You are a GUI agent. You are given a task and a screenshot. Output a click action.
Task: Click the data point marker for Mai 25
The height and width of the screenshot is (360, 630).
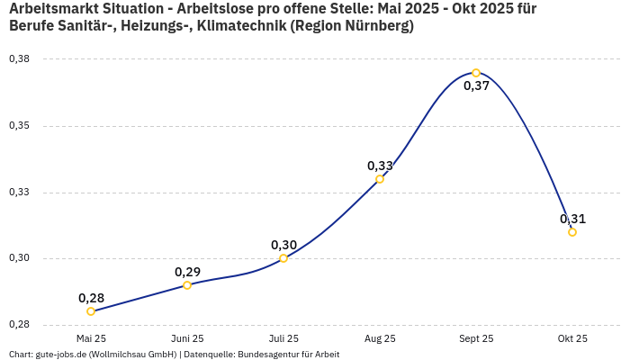pyautogui.click(x=91, y=311)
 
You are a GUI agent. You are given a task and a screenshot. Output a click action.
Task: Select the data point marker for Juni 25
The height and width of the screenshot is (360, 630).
pyautogui.click(x=187, y=285)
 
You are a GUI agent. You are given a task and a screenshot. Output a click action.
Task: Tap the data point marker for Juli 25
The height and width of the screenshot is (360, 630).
pyautogui.click(x=283, y=258)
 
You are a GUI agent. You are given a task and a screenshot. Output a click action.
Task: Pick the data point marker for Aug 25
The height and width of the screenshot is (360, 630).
pyautogui.click(x=380, y=179)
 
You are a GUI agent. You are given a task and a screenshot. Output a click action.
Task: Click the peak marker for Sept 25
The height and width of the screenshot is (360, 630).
pyautogui.click(x=476, y=73)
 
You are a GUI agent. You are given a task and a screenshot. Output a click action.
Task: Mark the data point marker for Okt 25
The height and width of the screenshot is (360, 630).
pyautogui.click(x=572, y=232)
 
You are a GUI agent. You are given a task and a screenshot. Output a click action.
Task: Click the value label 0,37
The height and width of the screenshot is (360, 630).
pyautogui.click(x=476, y=86)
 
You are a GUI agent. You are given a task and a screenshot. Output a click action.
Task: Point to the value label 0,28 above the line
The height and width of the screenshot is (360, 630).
pyautogui.click(x=91, y=298)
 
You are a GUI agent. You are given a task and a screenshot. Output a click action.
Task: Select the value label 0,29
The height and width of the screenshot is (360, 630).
pyautogui.click(x=187, y=272)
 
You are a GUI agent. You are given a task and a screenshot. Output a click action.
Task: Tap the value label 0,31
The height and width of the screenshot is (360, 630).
pyautogui.click(x=572, y=219)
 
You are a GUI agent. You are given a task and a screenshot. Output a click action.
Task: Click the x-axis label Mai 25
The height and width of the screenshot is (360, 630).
pyautogui.click(x=91, y=338)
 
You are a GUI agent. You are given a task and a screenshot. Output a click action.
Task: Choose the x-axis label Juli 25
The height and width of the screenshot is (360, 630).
pyautogui.click(x=283, y=338)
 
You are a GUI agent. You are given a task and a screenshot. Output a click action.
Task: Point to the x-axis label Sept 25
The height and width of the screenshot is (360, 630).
pyautogui.click(x=476, y=338)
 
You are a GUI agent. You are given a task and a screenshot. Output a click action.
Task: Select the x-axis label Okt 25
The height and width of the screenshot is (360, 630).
pyautogui.click(x=572, y=338)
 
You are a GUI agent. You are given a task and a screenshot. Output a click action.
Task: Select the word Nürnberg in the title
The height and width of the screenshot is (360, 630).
pyautogui.click(x=375, y=25)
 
